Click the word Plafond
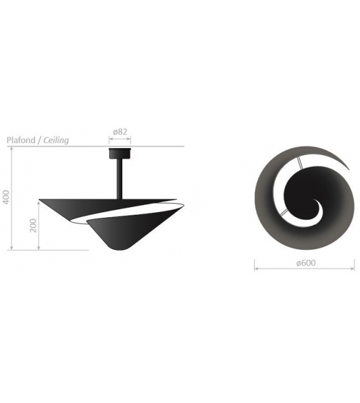(21, 141)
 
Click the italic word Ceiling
(55, 141)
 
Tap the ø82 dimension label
(120, 132)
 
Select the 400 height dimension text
(6, 198)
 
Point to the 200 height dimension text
(33, 225)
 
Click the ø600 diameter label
(305, 264)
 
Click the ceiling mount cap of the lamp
(119, 153)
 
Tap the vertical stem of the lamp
(118, 179)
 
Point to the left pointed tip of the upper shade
(41, 201)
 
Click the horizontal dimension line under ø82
(120, 139)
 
